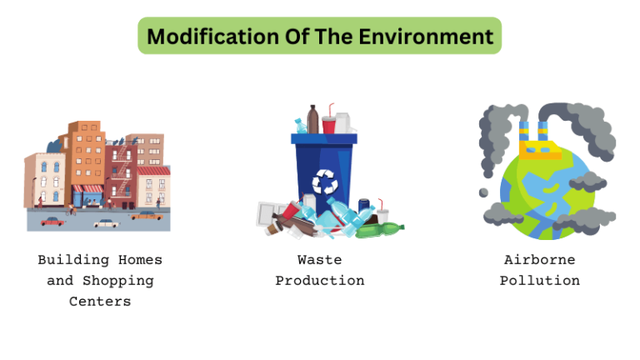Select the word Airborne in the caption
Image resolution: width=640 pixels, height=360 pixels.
pos(539,260)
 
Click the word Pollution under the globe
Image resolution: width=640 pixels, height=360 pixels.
pos(539,281)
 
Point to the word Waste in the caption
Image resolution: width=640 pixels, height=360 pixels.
pos(319,260)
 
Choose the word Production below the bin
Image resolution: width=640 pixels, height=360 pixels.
pos(319,281)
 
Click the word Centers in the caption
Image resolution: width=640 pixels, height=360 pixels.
pos(100,302)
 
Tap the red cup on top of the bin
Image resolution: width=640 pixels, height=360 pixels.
pos(328,124)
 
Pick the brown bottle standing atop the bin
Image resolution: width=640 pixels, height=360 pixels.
pos(312,119)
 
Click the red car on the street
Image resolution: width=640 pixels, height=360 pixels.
pos(52,221)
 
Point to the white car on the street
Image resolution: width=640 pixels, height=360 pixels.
pos(106,222)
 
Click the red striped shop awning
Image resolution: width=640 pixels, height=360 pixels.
pos(88,189)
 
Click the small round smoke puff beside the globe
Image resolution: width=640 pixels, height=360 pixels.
pos(483,192)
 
